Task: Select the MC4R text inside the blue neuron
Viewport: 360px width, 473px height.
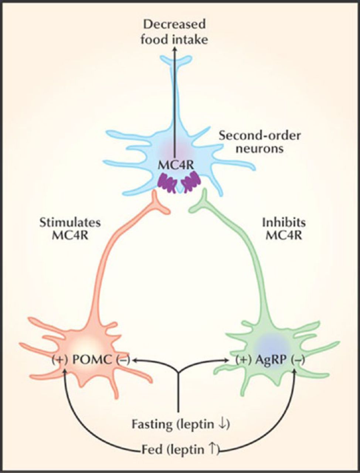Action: click(174, 165)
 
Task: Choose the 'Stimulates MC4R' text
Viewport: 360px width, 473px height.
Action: click(70, 229)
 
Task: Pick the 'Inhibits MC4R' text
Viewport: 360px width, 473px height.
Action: click(284, 229)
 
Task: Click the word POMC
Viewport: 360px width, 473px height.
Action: click(91, 359)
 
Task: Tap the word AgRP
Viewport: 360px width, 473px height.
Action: click(272, 359)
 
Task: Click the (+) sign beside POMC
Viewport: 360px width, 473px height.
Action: click(60, 359)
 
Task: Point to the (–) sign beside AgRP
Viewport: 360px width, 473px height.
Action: click(298, 359)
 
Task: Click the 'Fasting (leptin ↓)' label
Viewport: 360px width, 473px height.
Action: click(181, 425)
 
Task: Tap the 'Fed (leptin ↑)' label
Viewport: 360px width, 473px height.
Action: click(181, 450)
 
